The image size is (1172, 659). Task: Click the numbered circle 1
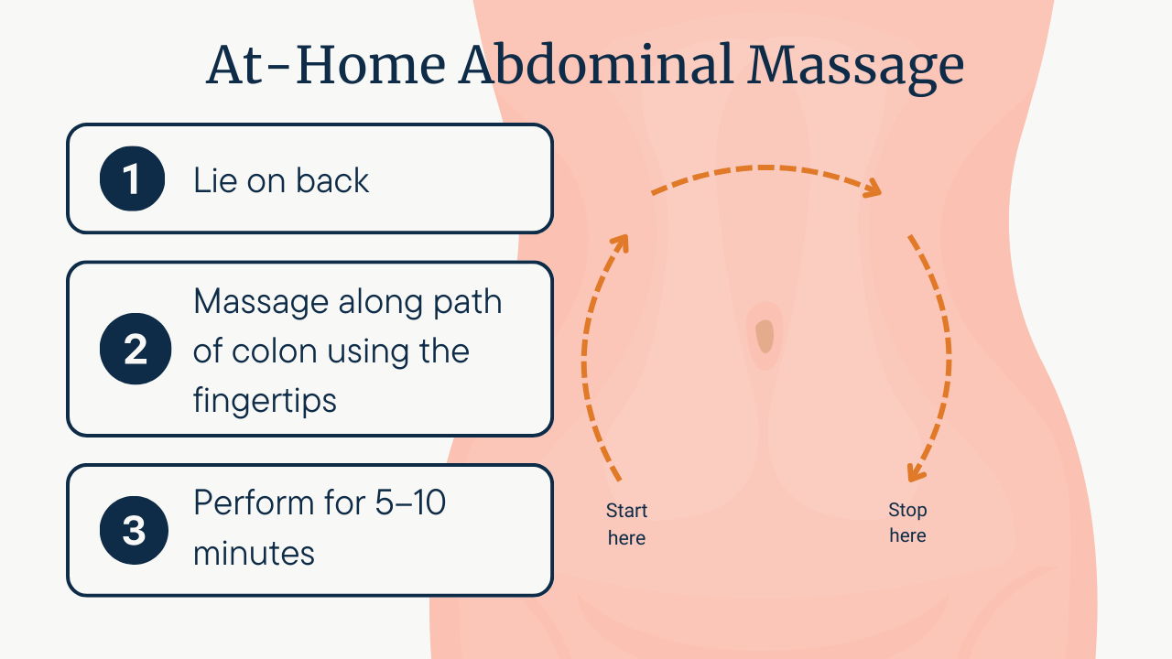133,178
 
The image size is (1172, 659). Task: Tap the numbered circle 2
136,349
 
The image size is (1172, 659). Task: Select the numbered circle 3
134,530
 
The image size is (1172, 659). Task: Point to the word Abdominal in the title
596,64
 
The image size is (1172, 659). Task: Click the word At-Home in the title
325,65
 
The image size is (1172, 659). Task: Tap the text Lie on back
281,180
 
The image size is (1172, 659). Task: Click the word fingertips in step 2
265,401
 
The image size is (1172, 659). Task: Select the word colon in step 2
274,351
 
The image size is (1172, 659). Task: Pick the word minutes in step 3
254,554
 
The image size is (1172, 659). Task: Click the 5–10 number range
410,502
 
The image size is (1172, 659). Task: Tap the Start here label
626,524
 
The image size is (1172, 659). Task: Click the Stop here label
907,523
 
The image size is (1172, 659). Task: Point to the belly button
765,336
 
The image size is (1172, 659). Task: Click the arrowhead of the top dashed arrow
873,189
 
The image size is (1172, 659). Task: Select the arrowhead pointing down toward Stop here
916,471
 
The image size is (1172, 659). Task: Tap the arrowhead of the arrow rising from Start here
621,243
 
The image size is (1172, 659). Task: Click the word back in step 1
332,180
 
